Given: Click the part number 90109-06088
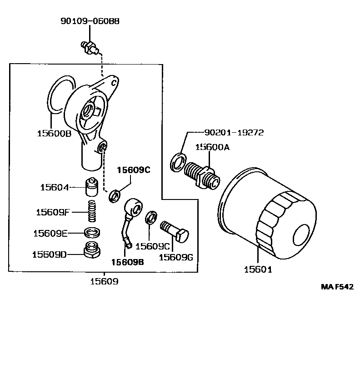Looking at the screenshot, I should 90,21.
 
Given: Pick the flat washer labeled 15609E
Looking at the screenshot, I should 92,233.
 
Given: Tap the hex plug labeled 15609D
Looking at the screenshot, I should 92,250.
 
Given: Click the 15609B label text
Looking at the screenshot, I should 128,262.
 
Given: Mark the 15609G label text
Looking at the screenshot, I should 176,257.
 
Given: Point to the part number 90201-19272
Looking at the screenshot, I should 234,133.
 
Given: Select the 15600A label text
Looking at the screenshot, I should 212,147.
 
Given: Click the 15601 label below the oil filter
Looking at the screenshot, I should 258,269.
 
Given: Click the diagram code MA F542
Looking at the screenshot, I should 337,287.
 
